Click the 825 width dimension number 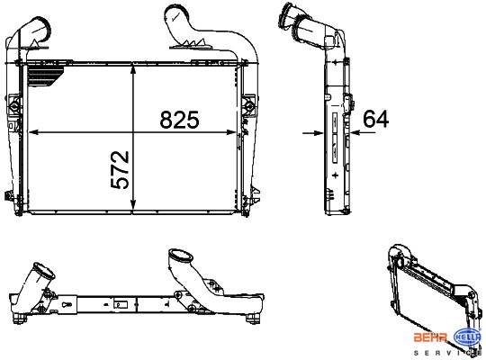click(179, 120)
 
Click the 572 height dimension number click(120, 170)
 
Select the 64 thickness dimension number click(375, 119)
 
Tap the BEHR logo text click(431, 337)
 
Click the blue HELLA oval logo click(468, 337)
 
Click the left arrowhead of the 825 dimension click(33, 132)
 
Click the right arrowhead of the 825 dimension click(231, 132)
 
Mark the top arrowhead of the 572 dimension click(133, 70)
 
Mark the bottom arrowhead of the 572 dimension click(133, 204)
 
